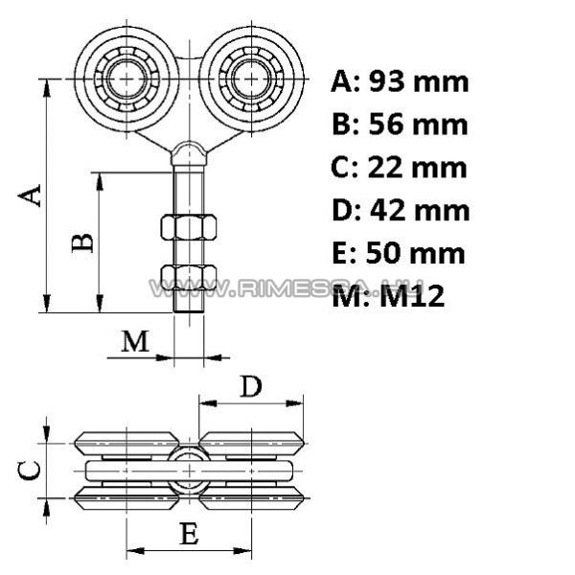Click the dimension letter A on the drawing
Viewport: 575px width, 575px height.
[32, 195]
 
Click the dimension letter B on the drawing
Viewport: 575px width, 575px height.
[84, 240]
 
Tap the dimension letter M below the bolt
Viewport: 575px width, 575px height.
[136, 341]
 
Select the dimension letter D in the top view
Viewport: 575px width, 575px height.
[250, 386]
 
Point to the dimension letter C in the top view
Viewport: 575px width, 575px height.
[31, 469]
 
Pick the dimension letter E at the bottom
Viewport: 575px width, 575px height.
[190, 534]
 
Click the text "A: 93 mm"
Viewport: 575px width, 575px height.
[400, 81]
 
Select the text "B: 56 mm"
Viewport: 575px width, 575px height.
[400, 125]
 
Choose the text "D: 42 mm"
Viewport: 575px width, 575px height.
[400, 210]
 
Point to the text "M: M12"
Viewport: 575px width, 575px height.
[388, 296]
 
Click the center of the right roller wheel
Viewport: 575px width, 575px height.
[251, 78]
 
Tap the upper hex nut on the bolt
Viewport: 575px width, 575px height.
[189, 227]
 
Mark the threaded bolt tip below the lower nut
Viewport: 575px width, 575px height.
[189, 305]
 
